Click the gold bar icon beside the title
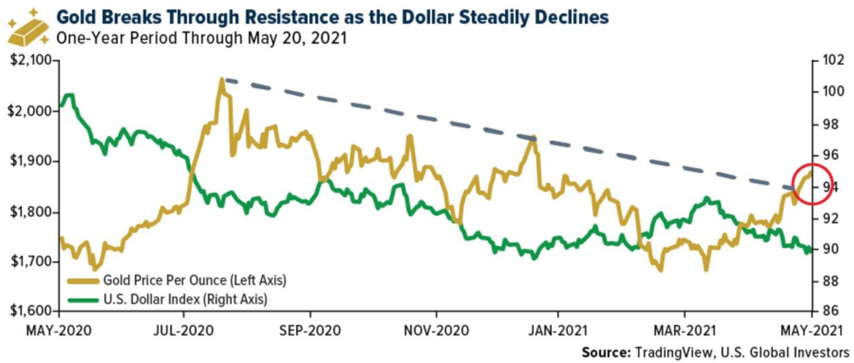click(x=27, y=27)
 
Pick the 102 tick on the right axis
click(x=830, y=61)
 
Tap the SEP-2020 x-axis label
click(x=310, y=331)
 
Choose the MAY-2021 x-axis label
click(x=810, y=331)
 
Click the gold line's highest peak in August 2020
click(x=222, y=79)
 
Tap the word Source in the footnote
click(x=605, y=352)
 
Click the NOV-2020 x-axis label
click(x=435, y=331)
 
